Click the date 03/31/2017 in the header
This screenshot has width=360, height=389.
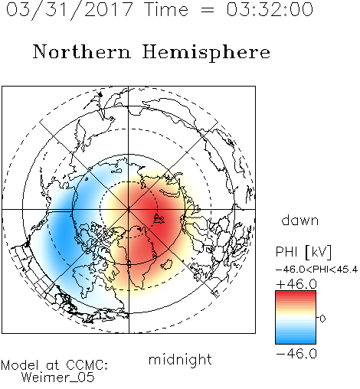tap(70, 10)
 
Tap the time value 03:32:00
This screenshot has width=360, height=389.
tap(270, 9)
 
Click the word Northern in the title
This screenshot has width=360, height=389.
tap(82, 51)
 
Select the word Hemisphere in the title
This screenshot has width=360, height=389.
tap(206, 53)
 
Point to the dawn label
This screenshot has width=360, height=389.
tap(300, 220)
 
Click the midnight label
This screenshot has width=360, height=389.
tap(180, 360)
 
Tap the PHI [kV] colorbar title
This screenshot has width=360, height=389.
tap(303, 252)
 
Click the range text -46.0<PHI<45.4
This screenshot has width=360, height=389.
tap(316, 270)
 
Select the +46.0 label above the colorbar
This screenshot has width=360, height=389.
tap(296, 284)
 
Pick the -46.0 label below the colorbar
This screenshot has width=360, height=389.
tap(296, 354)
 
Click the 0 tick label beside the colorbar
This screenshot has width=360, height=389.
tap(322, 319)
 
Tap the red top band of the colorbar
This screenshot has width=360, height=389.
tap(296, 294)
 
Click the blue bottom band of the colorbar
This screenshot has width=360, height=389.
tap(296, 340)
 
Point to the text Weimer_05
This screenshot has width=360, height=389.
tap(58, 378)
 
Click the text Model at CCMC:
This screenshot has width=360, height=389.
tap(54, 365)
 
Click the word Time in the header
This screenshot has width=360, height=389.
tap(166, 9)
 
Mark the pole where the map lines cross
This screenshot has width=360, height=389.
tap(129, 210)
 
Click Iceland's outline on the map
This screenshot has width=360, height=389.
tap(166, 264)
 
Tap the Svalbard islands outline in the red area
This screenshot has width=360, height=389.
tap(159, 219)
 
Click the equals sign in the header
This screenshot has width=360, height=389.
tap(207, 11)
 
